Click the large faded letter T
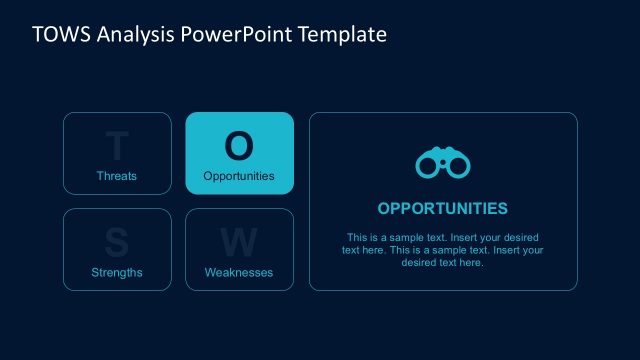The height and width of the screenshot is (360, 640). pos(117,147)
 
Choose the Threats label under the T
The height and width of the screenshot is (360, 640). pos(117,176)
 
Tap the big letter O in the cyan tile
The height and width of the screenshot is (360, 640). pos(239,146)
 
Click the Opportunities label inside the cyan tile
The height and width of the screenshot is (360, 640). pos(239,176)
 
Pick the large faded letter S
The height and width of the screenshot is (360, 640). pos(117,243)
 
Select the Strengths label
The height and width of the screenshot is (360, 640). pos(117,272)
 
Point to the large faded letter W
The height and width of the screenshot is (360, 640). pos(239,243)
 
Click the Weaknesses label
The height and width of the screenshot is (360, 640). pos(239,272)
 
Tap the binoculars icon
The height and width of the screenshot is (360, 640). pos(443,164)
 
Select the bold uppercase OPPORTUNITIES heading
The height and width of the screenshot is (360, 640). pos(443,209)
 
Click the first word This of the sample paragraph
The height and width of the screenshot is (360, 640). pos(357,238)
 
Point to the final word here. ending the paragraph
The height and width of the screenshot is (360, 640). pos(471,262)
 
